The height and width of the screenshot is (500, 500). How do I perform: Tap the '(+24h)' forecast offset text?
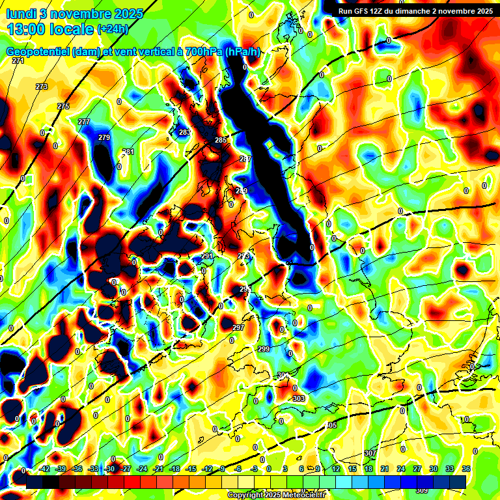coord(113,29)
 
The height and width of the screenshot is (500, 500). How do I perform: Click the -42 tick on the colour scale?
coord(44,469)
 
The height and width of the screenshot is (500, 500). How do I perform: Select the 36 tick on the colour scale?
coord(465,469)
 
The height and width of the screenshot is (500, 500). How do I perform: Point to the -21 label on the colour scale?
coord(158,469)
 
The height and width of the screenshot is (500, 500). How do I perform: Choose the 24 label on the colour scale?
coord(400,469)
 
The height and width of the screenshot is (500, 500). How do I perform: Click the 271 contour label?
coord(18,61)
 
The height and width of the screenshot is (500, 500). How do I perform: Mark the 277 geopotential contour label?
coord(84,122)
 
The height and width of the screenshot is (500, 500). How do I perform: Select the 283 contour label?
coord(185,132)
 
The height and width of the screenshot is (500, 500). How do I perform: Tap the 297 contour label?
coord(238,327)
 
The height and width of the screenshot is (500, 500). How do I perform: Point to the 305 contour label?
coord(331,425)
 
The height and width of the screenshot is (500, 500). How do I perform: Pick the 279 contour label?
coord(104,137)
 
